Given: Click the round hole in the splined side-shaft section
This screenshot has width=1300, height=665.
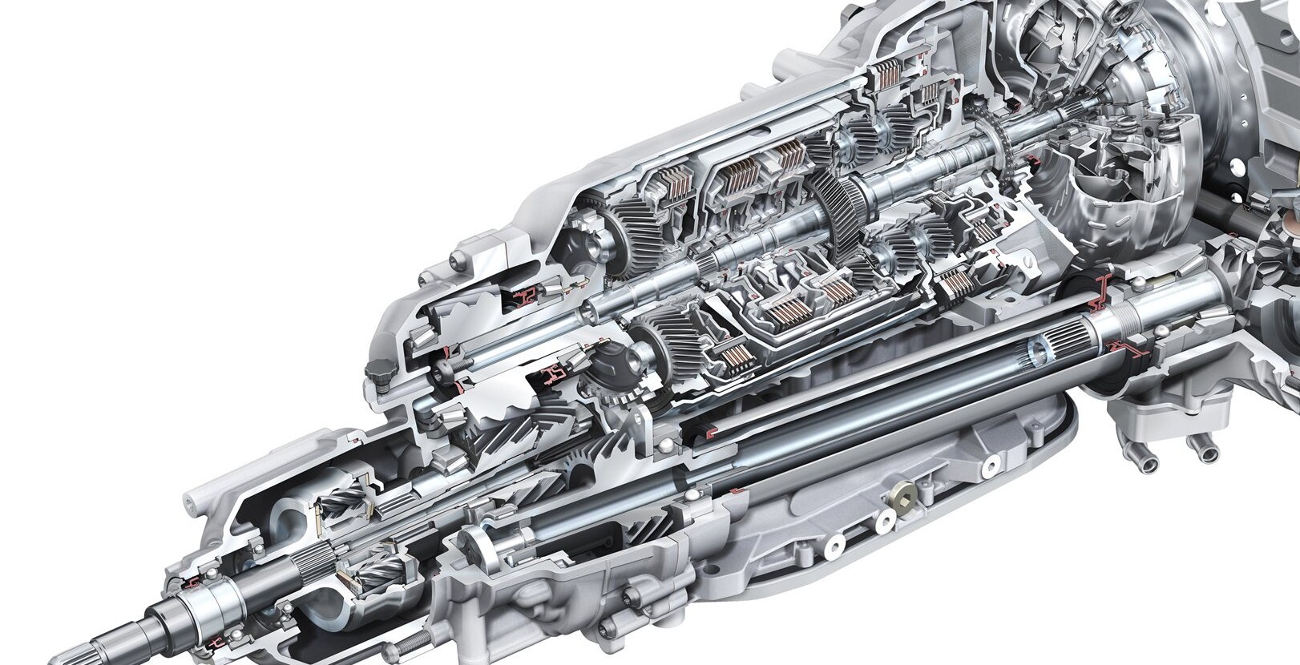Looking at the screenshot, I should pyautogui.click(x=1039, y=349).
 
